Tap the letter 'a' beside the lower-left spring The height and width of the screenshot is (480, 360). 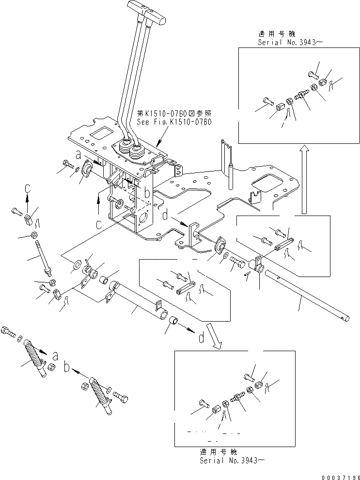(55, 357)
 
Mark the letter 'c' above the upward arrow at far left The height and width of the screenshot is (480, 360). (28, 187)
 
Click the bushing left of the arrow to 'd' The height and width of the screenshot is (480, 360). (174, 323)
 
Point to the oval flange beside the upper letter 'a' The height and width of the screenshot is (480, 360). (88, 168)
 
